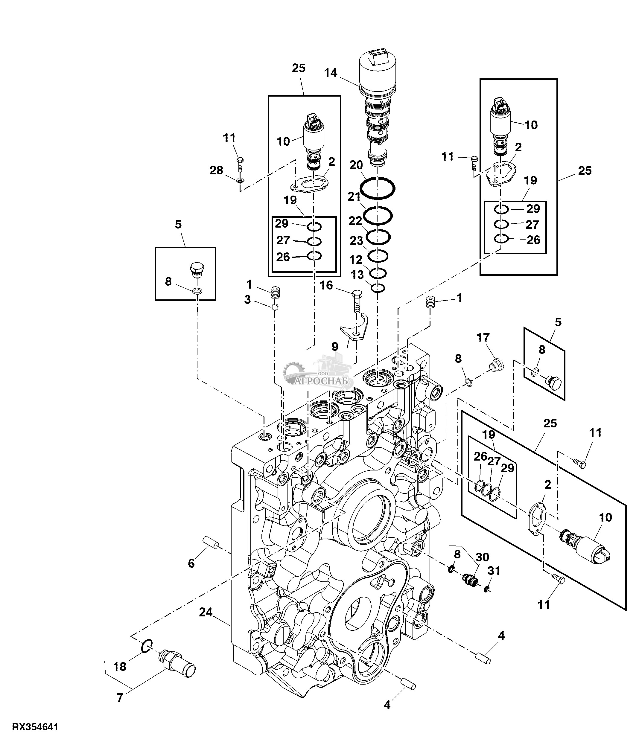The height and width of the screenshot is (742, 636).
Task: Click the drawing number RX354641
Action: (35, 727)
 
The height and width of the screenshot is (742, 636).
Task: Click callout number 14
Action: (331, 73)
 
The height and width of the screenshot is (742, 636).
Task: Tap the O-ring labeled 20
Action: (378, 188)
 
